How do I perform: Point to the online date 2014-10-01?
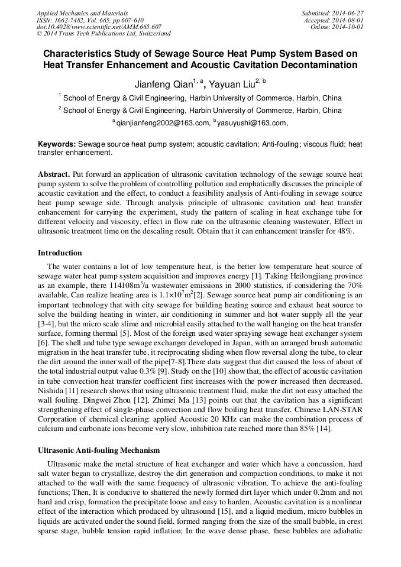click(350, 27)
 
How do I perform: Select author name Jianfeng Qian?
click(163, 85)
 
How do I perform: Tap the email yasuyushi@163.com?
click(252, 123)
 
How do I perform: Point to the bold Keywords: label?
click(57, 144)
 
